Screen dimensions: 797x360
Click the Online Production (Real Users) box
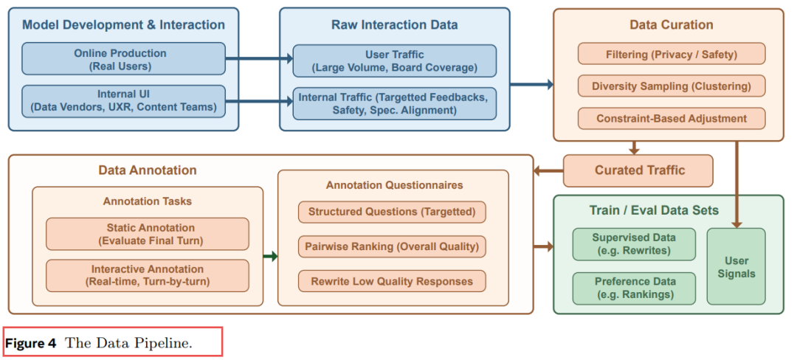123,59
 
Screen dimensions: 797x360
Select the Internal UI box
123,101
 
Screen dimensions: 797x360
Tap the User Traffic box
394,61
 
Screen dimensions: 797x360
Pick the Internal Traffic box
394,103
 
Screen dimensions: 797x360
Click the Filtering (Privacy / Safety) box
672,54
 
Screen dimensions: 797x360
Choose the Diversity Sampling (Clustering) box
672,86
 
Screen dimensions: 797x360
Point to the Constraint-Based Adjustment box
672,118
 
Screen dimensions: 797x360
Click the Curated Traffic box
638,170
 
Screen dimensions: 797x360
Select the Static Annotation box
148,234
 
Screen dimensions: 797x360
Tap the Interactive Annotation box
148,276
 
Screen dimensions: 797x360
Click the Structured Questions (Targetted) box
392,212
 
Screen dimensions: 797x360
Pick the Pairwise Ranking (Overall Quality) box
392,247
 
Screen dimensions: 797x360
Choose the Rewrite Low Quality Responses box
392,281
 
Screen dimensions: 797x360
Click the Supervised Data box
635,244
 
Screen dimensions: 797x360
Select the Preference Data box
635,288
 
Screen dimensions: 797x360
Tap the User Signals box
736,266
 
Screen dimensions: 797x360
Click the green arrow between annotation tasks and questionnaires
270,257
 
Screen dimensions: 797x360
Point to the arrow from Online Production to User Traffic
259,59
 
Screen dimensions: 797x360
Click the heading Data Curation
672,25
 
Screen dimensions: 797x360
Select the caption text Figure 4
30,343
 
